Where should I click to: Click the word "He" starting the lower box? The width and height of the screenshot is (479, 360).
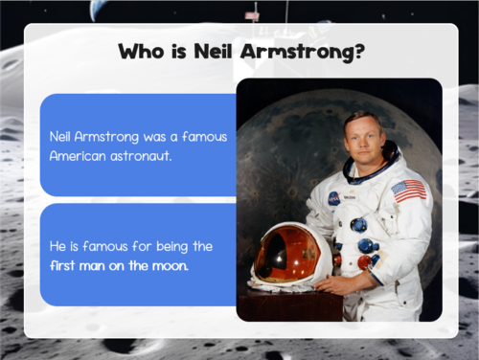(x=57, y=246)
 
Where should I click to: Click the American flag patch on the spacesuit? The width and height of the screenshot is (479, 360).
(x=409, y=190)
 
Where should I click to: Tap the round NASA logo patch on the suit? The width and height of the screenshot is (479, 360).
(x=333, y=198)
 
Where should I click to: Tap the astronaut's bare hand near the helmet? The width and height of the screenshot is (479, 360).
(x=336, y=283)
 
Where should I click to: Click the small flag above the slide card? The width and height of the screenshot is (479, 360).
(x=252, y=16)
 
